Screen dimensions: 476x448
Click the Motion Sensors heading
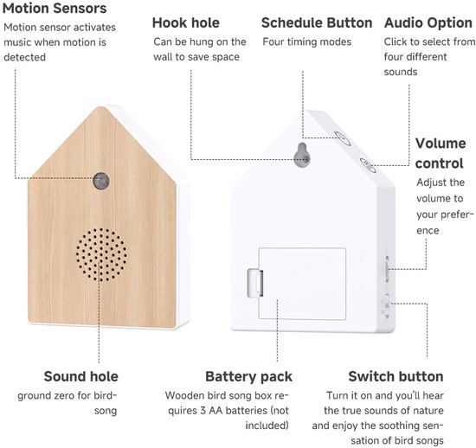click(x=55, y=8)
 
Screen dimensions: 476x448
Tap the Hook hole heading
click(x=186, y=22)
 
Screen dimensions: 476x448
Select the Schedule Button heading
click(x=317, y=22)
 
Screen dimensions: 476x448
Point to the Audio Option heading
click(x=428, y=23)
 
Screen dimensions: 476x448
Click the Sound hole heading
click(x=81, y=376)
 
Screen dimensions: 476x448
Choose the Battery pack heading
click(x=249, y=377)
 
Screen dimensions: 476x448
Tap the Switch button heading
click(x=396, y=376)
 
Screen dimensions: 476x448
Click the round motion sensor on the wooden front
click(x=101, y=181)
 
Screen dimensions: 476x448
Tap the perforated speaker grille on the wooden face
click(x=101, y=255)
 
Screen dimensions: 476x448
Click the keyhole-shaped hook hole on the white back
click(x=302, y=155)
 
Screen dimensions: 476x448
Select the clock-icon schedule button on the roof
click(x=343, y=138)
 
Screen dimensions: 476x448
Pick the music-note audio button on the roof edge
click(x=368, y=165)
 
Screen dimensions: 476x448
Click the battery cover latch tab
click(x=255, y=284)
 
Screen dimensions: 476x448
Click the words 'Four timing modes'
click(x=307, y=42)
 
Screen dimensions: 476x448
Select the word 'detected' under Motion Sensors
click(x=24, y=57)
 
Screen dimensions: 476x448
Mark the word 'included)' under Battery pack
click(x=267, y=426)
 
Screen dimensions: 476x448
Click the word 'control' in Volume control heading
click(x=439, y=163)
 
